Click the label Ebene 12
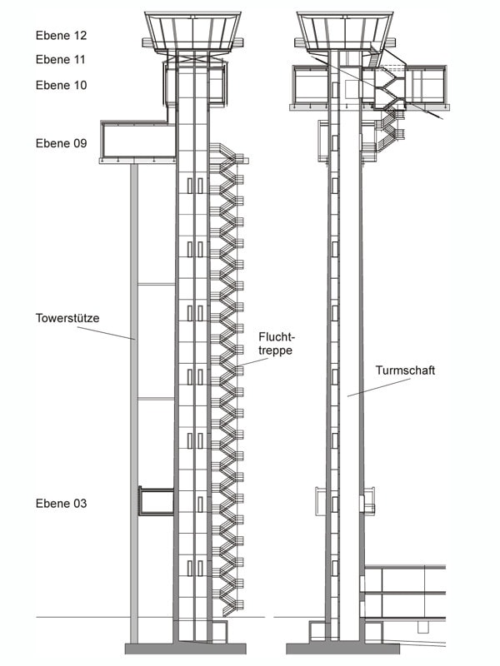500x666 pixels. [x=61, y=35]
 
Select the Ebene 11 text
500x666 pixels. [x=61, y=59]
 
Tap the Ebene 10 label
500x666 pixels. [x=61, y=85]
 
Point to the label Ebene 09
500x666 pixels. [x=61, y=143]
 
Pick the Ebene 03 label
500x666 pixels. [x=61, y=504]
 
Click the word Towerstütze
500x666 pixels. [x=67, y=318]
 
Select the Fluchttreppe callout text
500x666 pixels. [x=277, y=344]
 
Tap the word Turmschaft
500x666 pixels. [x=405, y=370]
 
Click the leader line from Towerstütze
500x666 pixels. [x=107, y=333]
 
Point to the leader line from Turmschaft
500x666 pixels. [x=379, y=387]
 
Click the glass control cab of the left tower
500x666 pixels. [x=192, y=32]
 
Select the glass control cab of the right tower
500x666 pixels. [x=345, y=32]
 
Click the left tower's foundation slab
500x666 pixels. [x=185, y=649]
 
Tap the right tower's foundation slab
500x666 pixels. [x=342, y=649]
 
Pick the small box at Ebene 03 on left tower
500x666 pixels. [x=157, y=502]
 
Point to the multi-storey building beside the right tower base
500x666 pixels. [x=404, y=604]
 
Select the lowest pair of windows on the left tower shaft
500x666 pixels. [x=195, y=569]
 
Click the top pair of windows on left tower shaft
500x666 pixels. [x=195, y=186]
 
